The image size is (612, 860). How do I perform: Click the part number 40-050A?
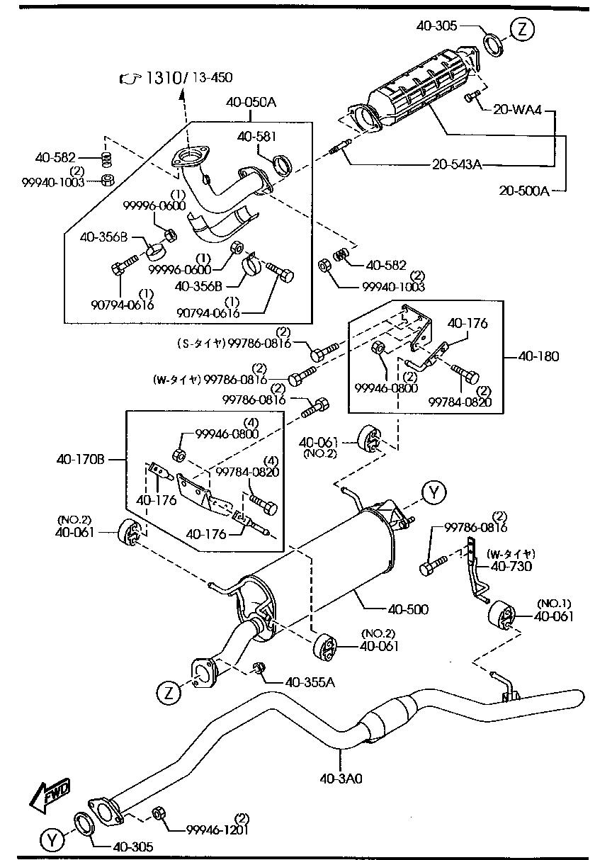point(251,102)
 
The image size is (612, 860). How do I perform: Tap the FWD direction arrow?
point(50,794)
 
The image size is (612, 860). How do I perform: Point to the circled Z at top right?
point(521,30)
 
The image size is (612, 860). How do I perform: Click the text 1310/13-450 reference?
point(188,77)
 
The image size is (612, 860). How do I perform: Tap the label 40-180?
point(538,356)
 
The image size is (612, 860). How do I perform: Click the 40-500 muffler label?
point(408,609)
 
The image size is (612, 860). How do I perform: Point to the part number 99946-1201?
point(217,830)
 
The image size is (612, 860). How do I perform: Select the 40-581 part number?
point(257,136)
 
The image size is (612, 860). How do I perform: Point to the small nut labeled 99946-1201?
point(160,815)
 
